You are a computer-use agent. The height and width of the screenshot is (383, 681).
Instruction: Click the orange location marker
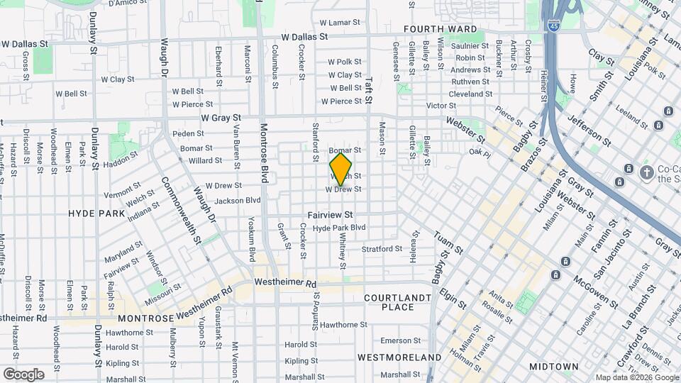pyautogui.click(x=340, y=169)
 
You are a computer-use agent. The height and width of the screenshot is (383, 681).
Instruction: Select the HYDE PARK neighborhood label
pyautogui.click(x=96, y=213)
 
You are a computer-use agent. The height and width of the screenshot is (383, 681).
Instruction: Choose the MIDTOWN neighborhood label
pyautogui.click(x=553, y=367)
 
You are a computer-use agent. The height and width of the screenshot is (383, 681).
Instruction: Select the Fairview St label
pyautogui.click(x=331, y=214)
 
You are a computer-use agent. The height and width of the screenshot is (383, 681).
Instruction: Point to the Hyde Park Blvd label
pyautogui.click(x=339, y=228)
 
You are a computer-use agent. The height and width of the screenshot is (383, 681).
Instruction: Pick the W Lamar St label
pyautogui.click(x=340, y=23)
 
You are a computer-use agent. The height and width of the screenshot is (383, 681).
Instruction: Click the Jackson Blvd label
pyautogui.click(x=238, y=201)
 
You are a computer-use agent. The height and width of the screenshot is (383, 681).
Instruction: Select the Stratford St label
pyautogui.click(x=382, y=249)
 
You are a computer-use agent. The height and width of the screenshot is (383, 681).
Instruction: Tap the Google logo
pyautogui.click(x=23, y=374)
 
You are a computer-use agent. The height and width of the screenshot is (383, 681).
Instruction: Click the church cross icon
pyautogui.click(x=646, y=172)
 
